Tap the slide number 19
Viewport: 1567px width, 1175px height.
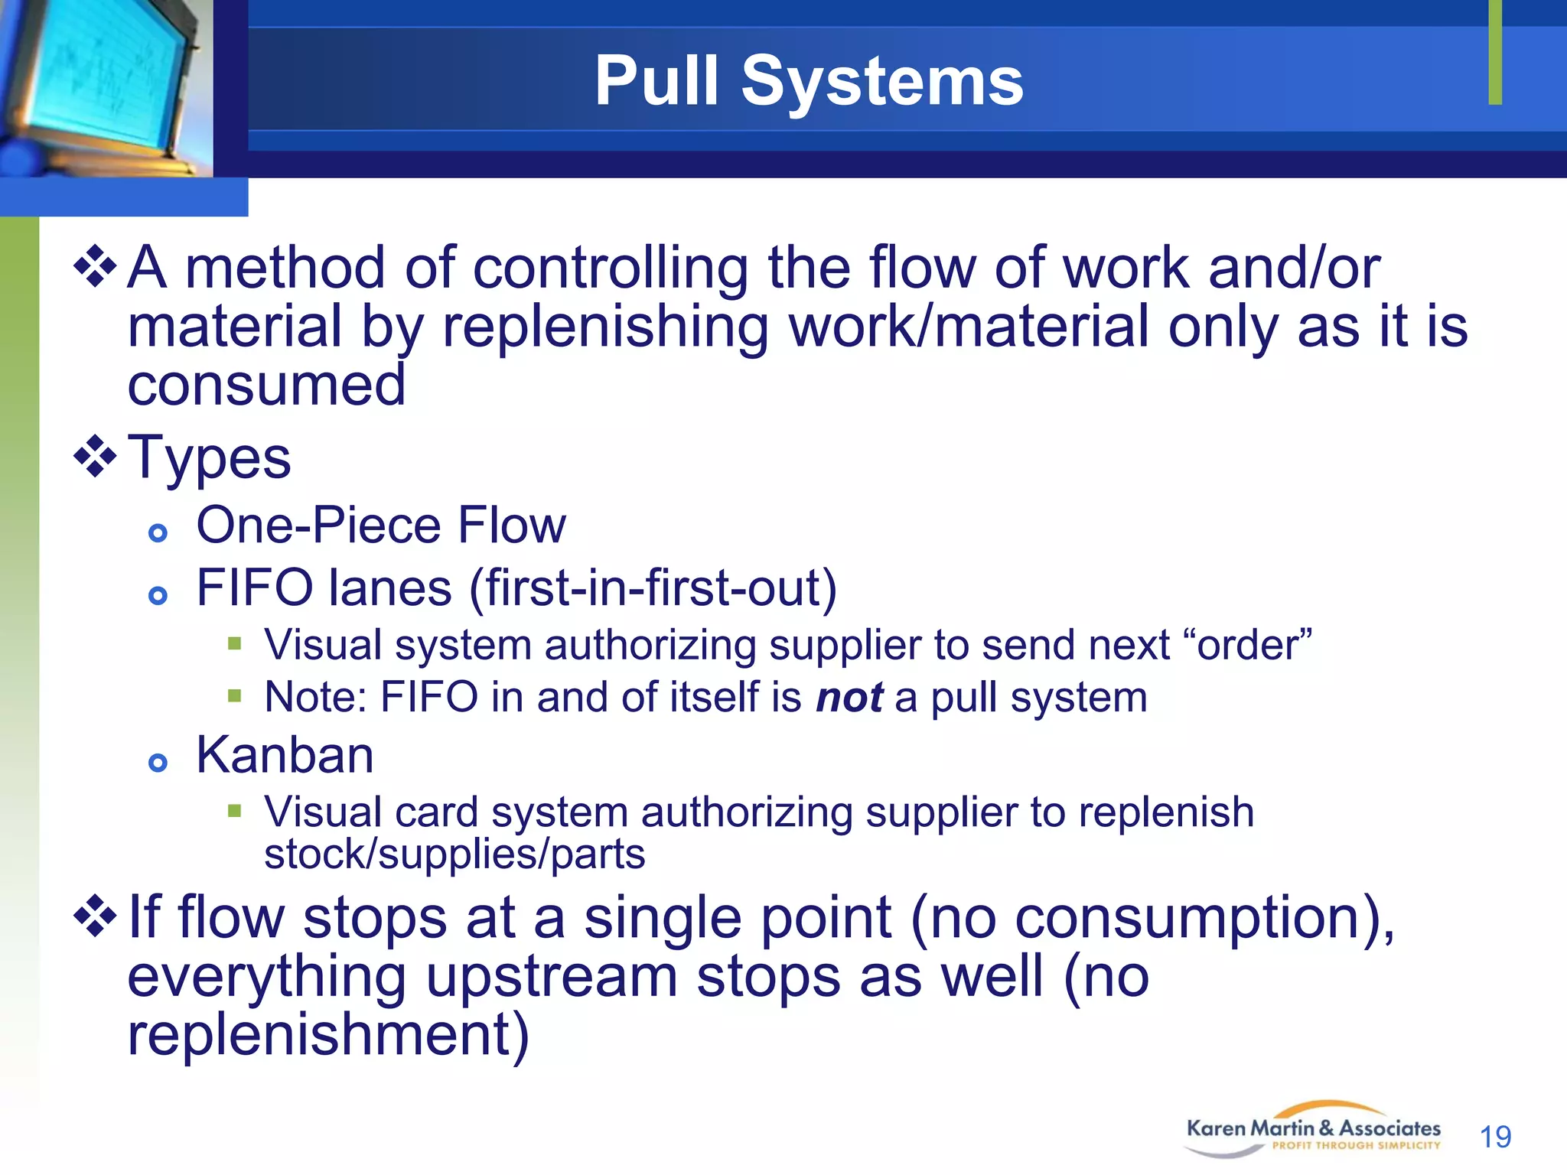tap(1495, 1137)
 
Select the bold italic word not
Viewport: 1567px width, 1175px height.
tap(849, 698)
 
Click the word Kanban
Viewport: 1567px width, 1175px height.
tap(285, 755)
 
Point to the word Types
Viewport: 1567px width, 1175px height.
tap(209, 457)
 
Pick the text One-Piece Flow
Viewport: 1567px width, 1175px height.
tap(381, 526)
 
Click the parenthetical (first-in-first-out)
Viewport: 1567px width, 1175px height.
tap(653, 588)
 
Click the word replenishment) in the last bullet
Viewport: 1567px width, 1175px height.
tap(328, 1033)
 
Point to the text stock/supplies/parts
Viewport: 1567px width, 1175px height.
tap(454, 854)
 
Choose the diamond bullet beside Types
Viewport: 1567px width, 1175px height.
tap(95, 457)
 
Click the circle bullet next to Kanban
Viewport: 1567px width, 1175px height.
tap(158, 763)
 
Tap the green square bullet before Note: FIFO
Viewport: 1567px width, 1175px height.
tap(234, 696)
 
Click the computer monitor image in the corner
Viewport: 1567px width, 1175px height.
tap(106, 86)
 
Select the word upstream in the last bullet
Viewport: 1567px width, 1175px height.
tap(551, 977)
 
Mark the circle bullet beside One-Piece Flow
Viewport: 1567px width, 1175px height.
tap(158, 533)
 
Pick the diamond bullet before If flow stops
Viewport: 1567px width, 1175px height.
tap(95, 916)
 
